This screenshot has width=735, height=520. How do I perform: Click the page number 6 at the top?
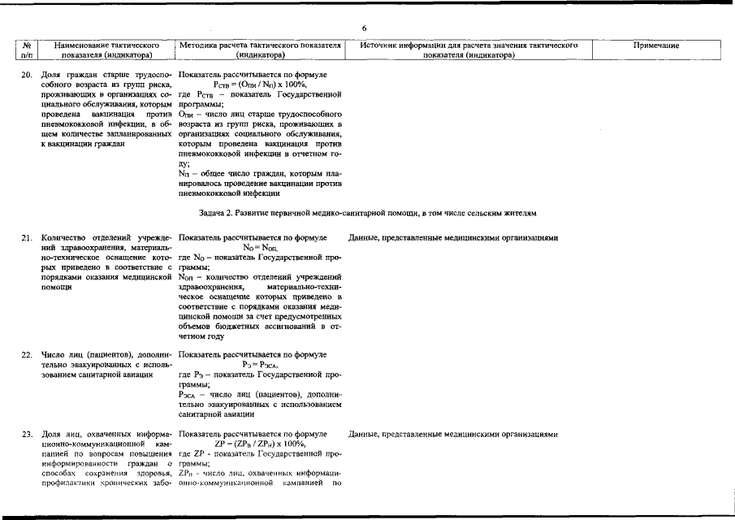[365, 28]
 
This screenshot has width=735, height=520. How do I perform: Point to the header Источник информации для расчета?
[469, 51]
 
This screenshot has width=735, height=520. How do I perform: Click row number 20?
[26, 76]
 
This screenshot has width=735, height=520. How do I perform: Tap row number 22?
[26, 355]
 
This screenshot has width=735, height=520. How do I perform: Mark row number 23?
[26, 433]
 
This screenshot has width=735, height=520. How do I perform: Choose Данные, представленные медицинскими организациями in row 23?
[453, 433]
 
